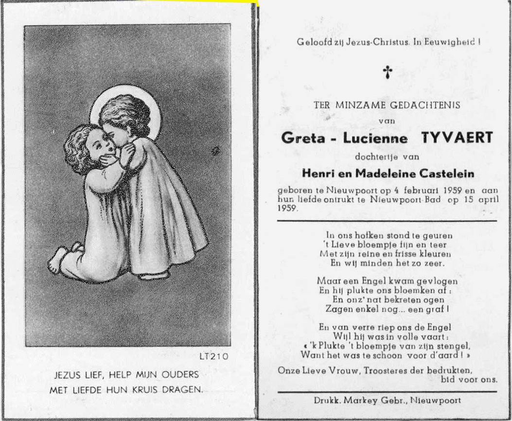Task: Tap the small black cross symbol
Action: (387, 72)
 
